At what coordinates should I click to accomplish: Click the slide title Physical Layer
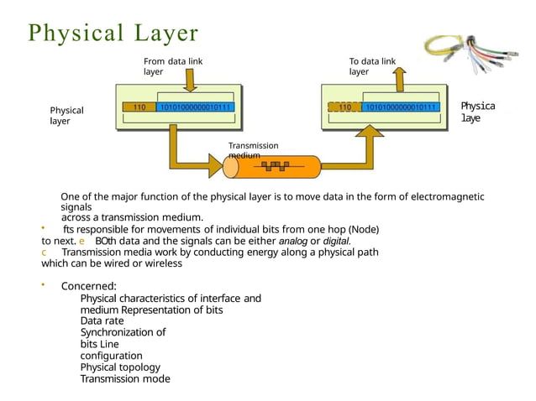(113, 33)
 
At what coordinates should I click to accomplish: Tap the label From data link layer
(172, 66)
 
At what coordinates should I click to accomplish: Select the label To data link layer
(372, 66)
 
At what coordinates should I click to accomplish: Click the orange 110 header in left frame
(139, 107)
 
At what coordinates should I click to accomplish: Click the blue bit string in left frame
(196, 107)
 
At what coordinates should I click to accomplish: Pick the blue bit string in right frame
(399, 107)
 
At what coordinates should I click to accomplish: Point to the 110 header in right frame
(344, 107)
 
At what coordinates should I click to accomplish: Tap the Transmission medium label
(253, 149)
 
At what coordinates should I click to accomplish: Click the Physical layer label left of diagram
(66, 115)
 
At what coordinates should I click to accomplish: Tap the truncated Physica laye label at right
(477, 112)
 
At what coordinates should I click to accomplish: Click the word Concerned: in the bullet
(88, 286)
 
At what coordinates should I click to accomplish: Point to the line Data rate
(102, 320)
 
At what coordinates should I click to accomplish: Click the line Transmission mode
(124, 378)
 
